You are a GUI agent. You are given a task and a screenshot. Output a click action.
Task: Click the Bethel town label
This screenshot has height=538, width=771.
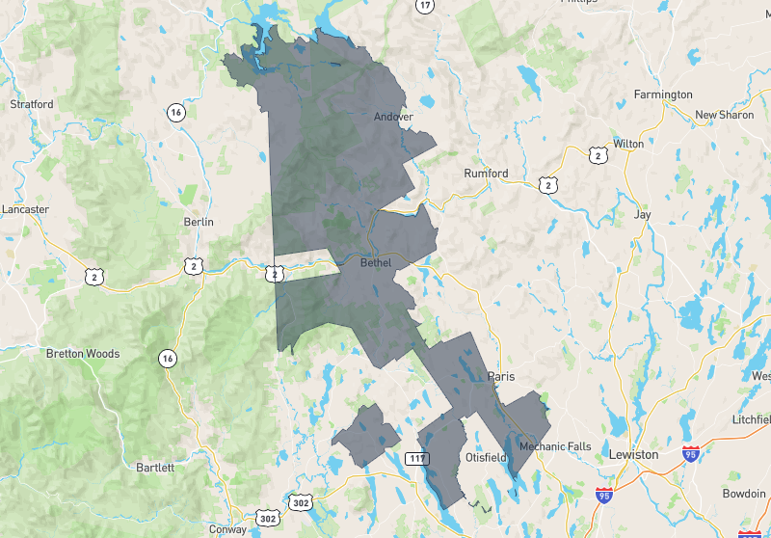[376, 262]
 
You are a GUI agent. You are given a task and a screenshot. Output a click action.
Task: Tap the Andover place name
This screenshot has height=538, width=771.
[393, 118]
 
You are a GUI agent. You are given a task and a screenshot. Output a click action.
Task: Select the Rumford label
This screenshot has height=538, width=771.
[486, 174]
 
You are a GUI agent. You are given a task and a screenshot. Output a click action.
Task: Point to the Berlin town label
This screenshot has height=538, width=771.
[198, 222]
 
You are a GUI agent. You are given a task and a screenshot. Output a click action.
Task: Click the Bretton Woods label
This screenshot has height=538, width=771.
[83, 354]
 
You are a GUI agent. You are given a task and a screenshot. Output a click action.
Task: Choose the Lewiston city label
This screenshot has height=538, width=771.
[633, 454]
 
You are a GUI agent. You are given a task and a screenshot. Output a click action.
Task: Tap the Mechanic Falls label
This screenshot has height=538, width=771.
[553, 447]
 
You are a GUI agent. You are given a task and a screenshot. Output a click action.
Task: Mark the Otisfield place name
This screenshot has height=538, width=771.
[486, 457]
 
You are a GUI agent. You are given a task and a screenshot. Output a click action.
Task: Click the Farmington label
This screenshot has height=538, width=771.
[663, 94]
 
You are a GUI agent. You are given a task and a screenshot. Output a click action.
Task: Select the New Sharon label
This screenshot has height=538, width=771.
[725, 115]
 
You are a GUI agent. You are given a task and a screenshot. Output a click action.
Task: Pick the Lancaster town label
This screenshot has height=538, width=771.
[25, 208]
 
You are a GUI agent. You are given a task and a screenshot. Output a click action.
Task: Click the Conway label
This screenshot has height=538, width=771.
[228, 528]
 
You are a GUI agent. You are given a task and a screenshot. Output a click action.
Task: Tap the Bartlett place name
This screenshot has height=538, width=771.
[155, 468]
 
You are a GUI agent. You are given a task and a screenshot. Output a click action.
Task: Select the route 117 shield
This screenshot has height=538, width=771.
[416, 457]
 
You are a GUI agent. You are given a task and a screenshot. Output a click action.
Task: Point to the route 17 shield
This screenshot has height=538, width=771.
[425, 6]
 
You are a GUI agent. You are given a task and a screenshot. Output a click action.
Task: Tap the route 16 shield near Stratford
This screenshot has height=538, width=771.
[175, 113]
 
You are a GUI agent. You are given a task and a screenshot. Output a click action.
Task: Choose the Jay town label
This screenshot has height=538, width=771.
[642, 215]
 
